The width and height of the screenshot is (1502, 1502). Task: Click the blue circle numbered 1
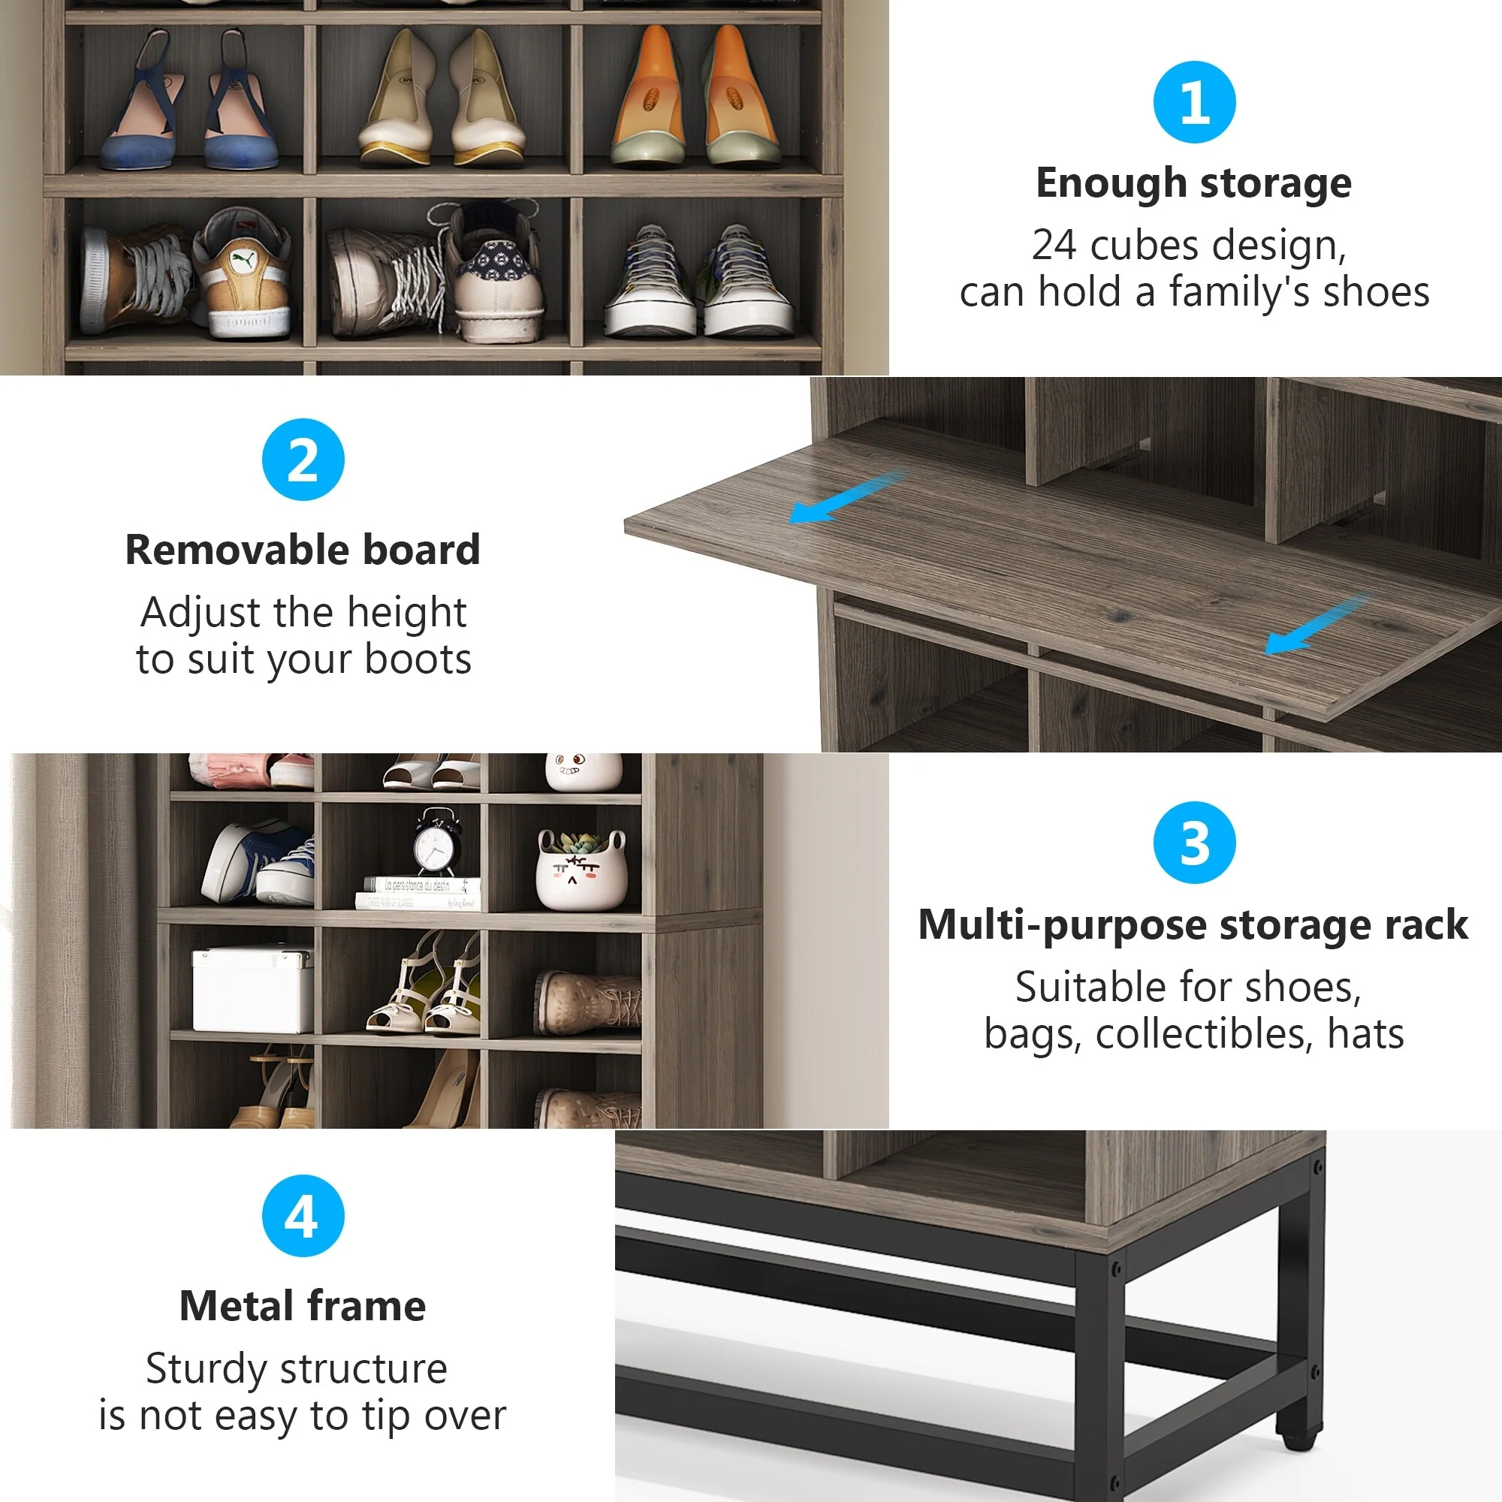[x=1194, y=102]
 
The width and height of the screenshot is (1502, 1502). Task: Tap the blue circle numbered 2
[x=303, y=460]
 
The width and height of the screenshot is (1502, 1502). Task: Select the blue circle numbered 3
[x=1194, y=843]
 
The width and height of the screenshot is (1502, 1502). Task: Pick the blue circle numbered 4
[x=303, y=1216]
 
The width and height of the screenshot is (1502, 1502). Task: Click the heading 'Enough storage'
[x=1193, y=183]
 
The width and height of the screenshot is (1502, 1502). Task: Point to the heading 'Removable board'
[x=303, y=550]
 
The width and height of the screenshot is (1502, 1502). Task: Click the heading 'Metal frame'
[x=303, y=1306]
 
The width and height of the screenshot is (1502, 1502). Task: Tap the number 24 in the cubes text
[x=1054, y=246]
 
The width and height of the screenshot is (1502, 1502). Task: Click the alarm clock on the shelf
[x=436, y=843]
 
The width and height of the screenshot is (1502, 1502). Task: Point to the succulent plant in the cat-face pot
[x=579, y=842]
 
